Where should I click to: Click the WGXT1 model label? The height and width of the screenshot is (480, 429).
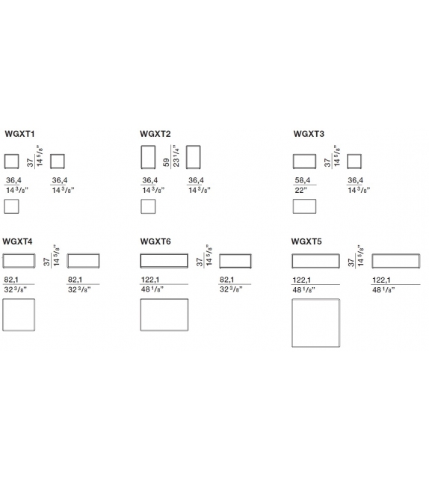pos(19,134)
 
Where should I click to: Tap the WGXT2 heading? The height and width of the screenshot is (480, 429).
pos(155,134)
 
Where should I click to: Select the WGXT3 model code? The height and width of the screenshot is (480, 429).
pos(309,134)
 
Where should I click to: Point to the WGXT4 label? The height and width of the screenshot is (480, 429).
pos(17,241)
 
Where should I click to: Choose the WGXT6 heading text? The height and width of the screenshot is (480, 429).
pos(155,241)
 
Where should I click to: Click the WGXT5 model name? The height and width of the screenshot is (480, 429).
pos(306,241)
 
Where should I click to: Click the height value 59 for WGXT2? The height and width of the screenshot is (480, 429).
pos(167,162)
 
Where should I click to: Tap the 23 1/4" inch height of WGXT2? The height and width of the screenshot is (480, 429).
pos(176,156)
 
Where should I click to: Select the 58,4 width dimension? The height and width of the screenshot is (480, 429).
pos(303,180)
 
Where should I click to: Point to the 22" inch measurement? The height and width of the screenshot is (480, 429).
pos(300,190)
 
